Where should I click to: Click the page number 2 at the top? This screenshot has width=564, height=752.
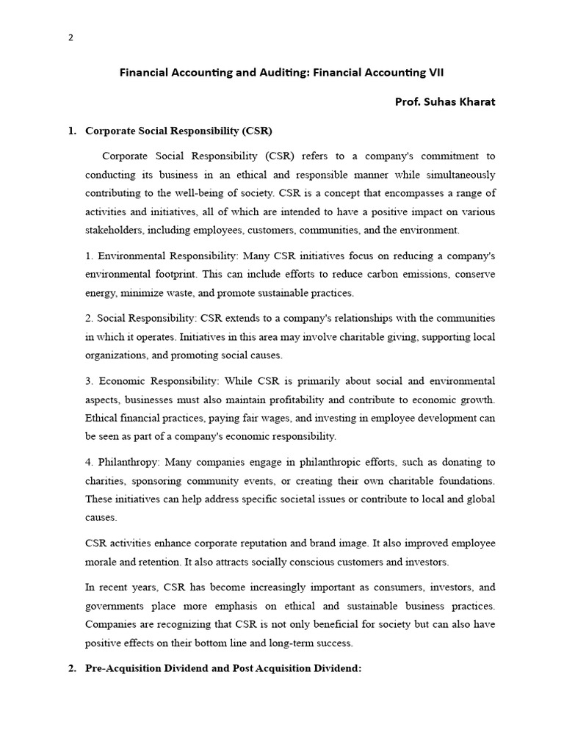[x=70, y=39]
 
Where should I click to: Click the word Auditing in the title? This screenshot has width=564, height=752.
[x=271, y=73]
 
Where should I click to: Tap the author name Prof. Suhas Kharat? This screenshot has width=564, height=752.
[x=445, y=102]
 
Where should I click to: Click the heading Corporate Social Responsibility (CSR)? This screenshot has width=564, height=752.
[x=178, y=131]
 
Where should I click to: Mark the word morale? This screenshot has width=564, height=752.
[x=101, y=562]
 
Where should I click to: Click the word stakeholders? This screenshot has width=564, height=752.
[x=114, y=230]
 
